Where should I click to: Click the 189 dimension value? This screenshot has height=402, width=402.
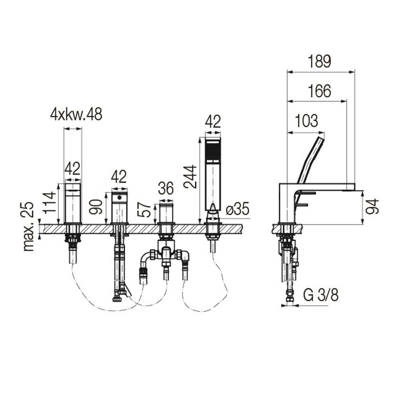[x=319, y=61]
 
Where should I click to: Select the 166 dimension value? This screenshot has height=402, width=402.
[x=319, y=91]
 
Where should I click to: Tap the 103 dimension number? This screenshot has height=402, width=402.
[x=306, y=121]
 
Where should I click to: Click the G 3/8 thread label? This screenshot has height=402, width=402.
[x=321, y=295]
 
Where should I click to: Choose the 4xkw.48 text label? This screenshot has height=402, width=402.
[x=76, y=114]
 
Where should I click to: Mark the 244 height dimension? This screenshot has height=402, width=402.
[x=191, y=177]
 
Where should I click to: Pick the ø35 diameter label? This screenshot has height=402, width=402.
[x=238, y=209]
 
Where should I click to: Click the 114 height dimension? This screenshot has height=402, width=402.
[x=50, y=203]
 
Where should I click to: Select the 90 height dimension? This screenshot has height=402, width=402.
[x=96, y=207]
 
